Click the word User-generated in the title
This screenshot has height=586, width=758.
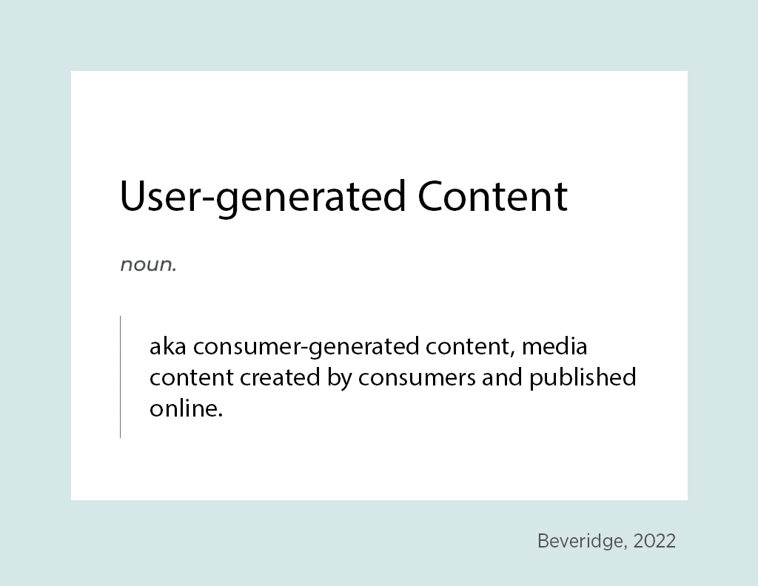[263, 197]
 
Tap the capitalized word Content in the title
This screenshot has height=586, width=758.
[492, 195]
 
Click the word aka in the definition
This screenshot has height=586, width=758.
[168, 346]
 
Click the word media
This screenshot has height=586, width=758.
[554, 346]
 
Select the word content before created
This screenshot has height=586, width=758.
[192, 378]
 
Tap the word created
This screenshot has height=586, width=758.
[280, 377]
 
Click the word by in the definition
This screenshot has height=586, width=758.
[339, 379]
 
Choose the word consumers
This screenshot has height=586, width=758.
[417, 379]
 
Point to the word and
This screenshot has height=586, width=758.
[502, 377]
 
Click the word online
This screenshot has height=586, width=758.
[184, 408]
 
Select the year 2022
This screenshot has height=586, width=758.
[654, 541]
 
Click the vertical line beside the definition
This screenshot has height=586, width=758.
[121, 377]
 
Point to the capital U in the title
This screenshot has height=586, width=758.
[133, 195]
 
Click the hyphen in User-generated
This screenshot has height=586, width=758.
[207, 201]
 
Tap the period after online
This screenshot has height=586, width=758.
[221, 415]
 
